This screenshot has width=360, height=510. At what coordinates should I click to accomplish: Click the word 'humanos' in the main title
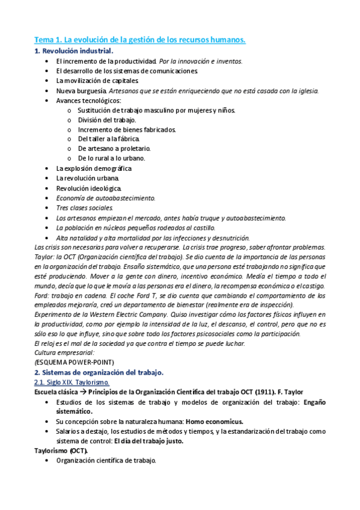click(225, 40)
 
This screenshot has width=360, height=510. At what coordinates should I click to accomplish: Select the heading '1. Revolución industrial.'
click(74, 51)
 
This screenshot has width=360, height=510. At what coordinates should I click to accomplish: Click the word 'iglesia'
click(305, 91)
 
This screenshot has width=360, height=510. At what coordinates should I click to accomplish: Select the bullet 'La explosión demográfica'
click(93, 168)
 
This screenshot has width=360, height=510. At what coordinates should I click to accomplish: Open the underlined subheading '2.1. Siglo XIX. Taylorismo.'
click(72, 382)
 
